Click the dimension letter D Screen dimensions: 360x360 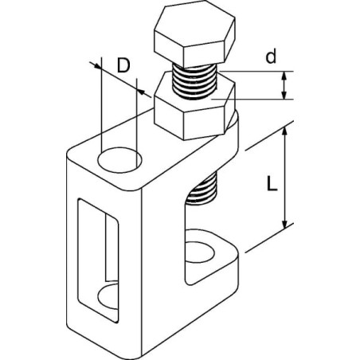[123, 65]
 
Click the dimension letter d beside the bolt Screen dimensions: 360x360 [271, 57]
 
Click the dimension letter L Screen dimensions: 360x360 [272, 184]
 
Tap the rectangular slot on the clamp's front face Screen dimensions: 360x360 [98, 260]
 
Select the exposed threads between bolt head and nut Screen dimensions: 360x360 [195, 81]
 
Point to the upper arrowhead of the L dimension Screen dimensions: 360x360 [284, 131]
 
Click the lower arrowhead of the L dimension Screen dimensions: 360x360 [284, 224]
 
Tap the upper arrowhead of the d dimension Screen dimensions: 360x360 [284, 76]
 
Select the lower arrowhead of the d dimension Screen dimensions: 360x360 [284, 95]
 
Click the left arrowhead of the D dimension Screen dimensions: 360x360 [97, 66]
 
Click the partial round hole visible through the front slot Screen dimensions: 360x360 [108, 296]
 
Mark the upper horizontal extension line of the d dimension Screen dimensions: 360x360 [256, 72]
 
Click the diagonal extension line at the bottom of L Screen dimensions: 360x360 [269, 238]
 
